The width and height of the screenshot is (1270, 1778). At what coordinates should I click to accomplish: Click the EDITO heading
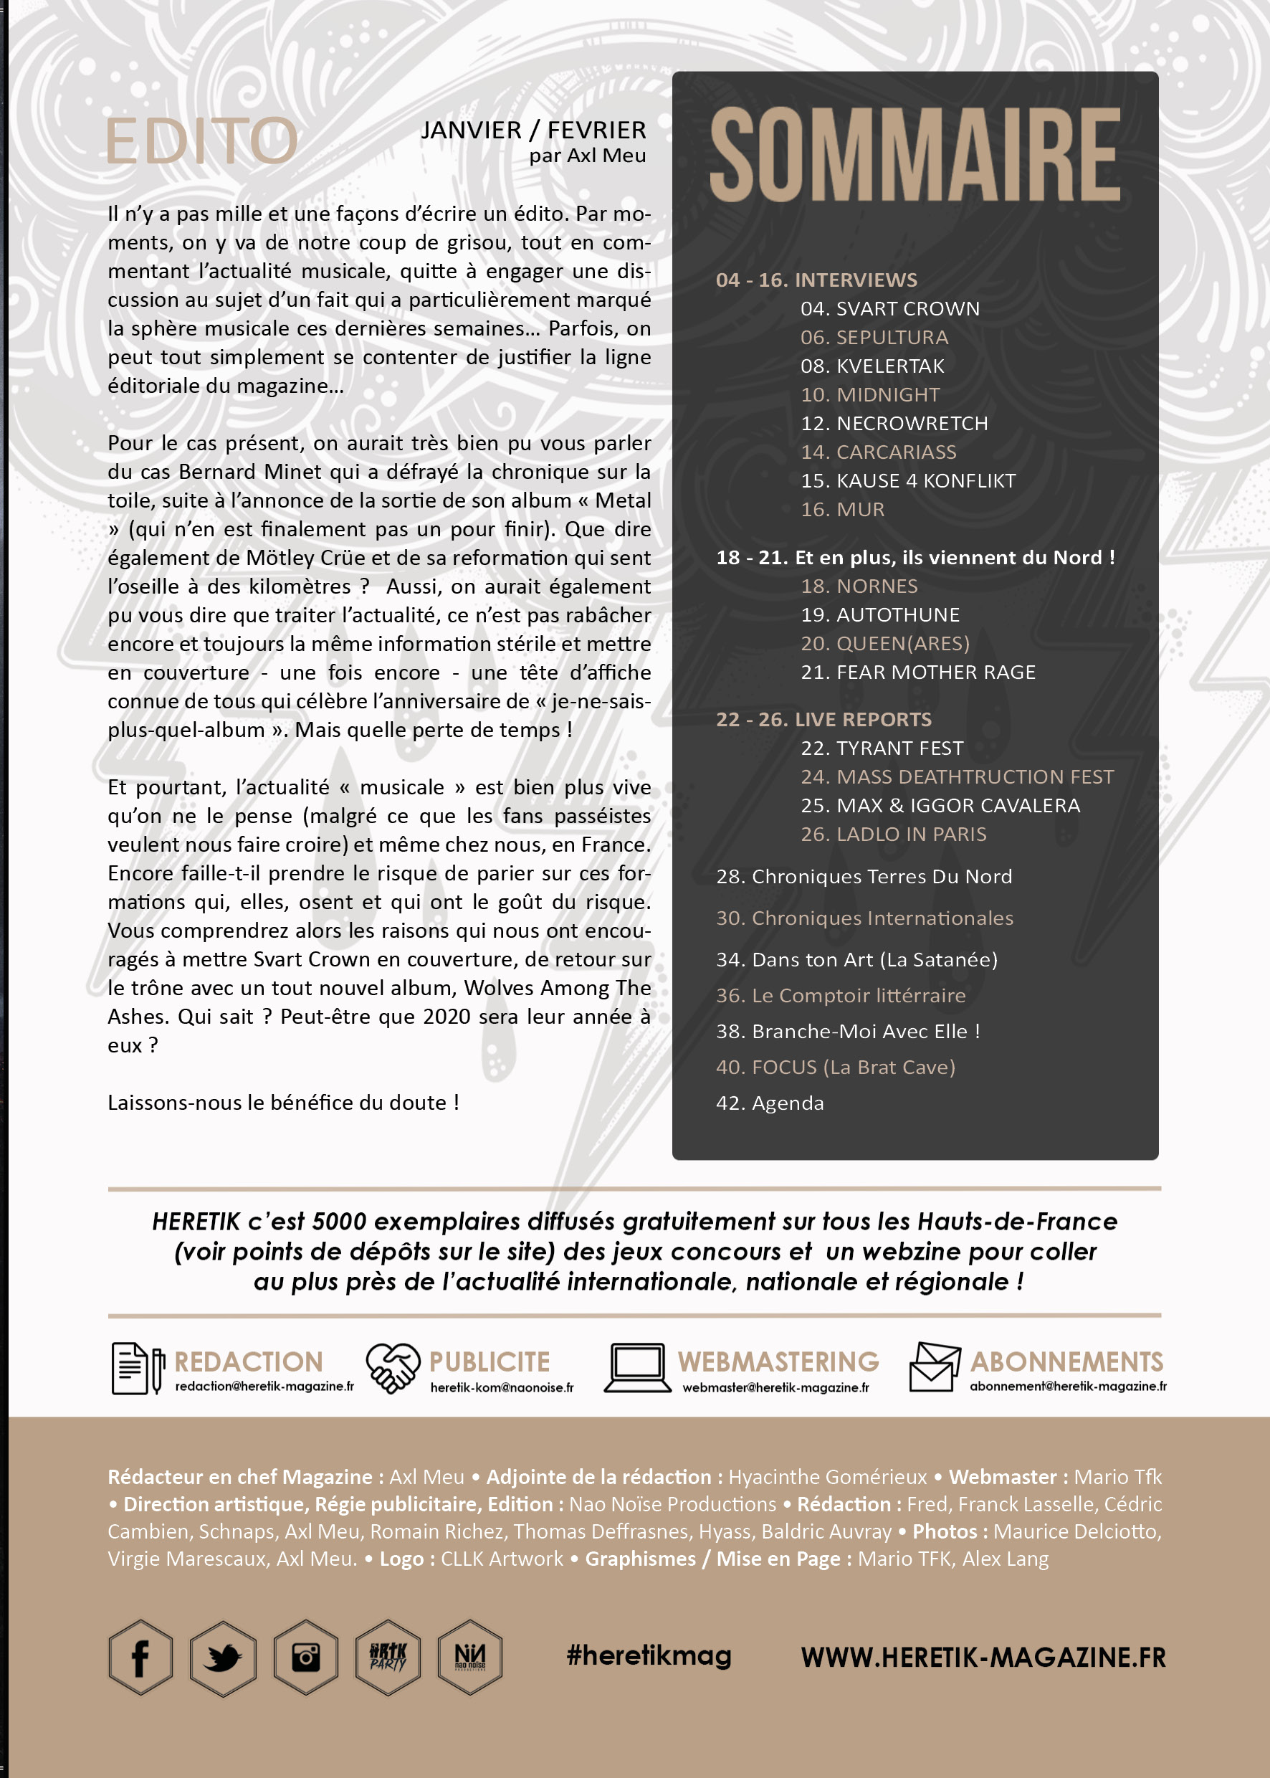coord(202,141)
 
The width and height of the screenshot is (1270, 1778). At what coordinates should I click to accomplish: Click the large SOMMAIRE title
coord(915,155)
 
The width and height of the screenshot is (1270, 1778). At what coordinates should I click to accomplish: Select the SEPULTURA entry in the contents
coord(874,337)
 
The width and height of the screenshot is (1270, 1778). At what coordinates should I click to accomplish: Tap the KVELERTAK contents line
coord(872,366)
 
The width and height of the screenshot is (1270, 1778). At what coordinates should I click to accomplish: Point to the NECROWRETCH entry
coord(894,423)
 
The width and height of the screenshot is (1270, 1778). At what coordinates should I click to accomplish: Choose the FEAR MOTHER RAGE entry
coord(917,672)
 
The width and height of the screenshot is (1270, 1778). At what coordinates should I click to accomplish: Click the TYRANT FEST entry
coord(882,748)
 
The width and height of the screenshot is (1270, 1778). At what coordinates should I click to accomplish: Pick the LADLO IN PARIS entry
coord(893,834)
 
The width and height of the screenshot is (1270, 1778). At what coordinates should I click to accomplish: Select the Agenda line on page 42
coord(770,1103)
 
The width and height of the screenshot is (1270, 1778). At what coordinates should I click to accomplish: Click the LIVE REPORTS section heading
coord(823,720)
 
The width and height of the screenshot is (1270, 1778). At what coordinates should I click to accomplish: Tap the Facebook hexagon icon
coord(140,1657)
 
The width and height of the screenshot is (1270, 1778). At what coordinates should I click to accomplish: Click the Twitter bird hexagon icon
coord(223,1657)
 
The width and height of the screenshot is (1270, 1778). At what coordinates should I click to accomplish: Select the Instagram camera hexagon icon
coord(306,1657)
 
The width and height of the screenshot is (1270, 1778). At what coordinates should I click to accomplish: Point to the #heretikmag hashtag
coord(649,1655)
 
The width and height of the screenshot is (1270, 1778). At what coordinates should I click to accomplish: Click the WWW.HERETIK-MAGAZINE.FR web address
coord(983,1657)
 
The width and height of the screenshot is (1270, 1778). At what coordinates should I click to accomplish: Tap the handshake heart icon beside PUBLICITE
coord(393,1368)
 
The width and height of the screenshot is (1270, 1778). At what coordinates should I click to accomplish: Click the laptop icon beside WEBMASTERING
coord(637,1368)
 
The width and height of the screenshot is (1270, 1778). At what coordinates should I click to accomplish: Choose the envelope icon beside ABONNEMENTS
coord(934,1367)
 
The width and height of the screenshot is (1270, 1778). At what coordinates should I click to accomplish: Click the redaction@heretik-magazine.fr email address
coord(264,1386)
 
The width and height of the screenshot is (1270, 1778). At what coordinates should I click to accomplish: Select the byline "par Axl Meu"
coord(587,156)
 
